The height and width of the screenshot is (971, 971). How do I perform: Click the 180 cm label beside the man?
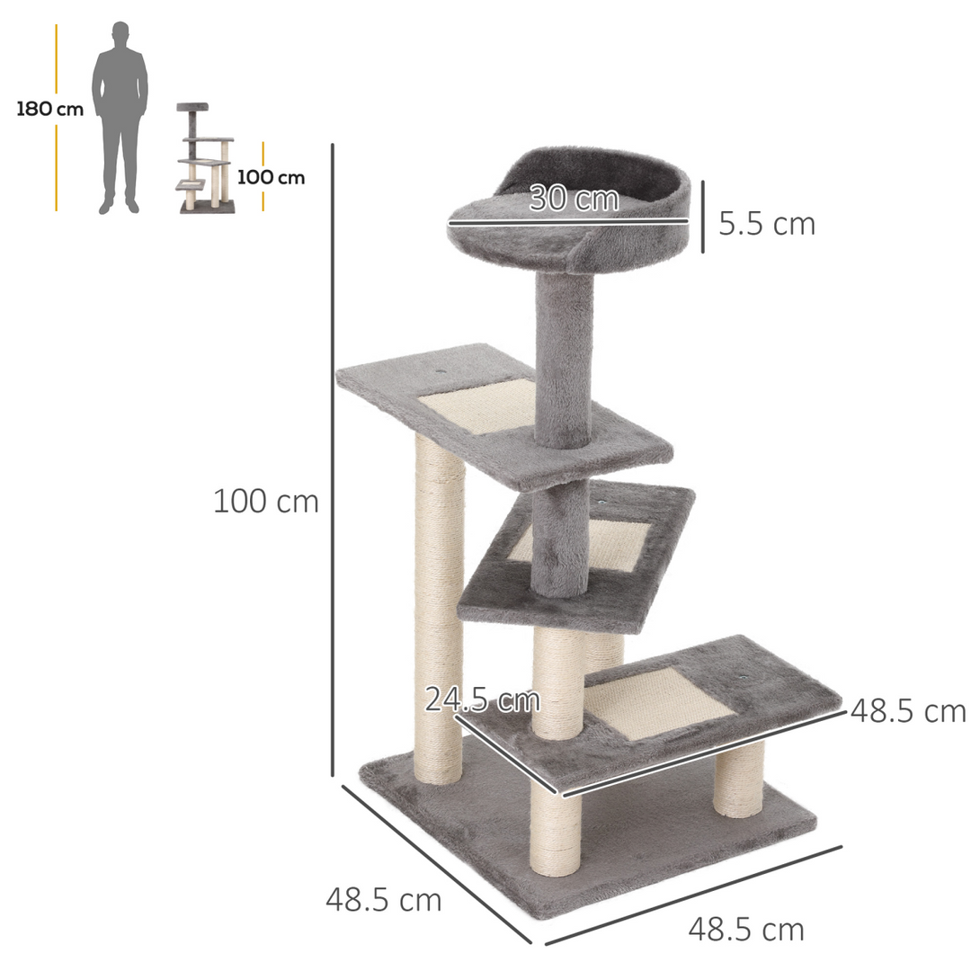tap(49, 110)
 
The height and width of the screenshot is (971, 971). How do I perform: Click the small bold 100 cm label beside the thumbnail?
tap(271, 177)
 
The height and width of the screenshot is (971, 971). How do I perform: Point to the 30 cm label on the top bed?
tap(574, 198)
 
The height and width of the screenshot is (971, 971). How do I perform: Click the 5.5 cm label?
tap(766, 224)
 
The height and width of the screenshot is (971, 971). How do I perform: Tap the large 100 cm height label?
tap(266, 502)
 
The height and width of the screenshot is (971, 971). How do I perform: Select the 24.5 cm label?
tap(482, 699)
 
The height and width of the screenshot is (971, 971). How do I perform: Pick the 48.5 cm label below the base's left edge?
tap(384, 899)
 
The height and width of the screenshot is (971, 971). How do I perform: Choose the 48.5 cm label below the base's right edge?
tap(746, 928)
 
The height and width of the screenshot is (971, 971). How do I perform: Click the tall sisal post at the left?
tap(440, 611)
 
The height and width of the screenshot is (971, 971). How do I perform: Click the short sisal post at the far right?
tap(739, 780)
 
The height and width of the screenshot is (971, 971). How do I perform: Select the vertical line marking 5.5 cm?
tap(702, 216)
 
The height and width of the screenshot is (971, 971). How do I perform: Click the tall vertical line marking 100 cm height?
tap(333, 459)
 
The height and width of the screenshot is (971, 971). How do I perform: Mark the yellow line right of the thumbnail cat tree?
tap(263, 175)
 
